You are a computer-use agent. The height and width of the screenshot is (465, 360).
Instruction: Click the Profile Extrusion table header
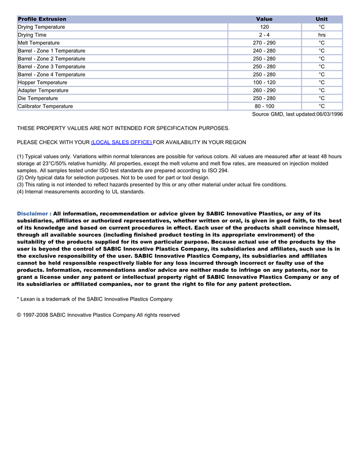click(x=42, y=19)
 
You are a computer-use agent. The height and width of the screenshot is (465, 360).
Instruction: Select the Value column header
click(x=264, y=19)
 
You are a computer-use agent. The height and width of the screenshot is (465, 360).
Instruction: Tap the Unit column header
click(x=321, y=19)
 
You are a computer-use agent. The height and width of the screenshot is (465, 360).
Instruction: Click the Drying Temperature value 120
click(x=264, y=27)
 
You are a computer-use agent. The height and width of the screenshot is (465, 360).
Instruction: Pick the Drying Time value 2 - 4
click(x=264, y=35)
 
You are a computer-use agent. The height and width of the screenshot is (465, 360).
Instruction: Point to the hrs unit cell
click(x=321, y=35)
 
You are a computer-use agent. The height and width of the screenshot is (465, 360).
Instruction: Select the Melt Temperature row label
click(x=39, y=43)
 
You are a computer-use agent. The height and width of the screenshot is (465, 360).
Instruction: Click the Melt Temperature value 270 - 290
click(x=264, y=43)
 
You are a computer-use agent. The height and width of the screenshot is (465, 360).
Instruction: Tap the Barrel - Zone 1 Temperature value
click(x=264, y=51)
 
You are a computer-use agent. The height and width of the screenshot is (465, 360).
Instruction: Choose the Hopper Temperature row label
click(x=42, y=82)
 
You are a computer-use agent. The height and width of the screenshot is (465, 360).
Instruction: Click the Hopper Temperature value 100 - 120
click(x=264, y=82)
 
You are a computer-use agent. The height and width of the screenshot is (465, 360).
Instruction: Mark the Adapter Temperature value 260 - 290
click(x=264, y=90)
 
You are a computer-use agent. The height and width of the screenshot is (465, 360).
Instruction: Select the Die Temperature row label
click(x=38, y=98)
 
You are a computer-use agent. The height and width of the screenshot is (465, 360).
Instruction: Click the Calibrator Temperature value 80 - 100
click(x=264, y=106)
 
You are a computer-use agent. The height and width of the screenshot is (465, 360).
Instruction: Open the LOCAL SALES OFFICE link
click(x=121, y=142)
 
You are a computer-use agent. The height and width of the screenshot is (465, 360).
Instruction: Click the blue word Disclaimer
click(x=33, y=213)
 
